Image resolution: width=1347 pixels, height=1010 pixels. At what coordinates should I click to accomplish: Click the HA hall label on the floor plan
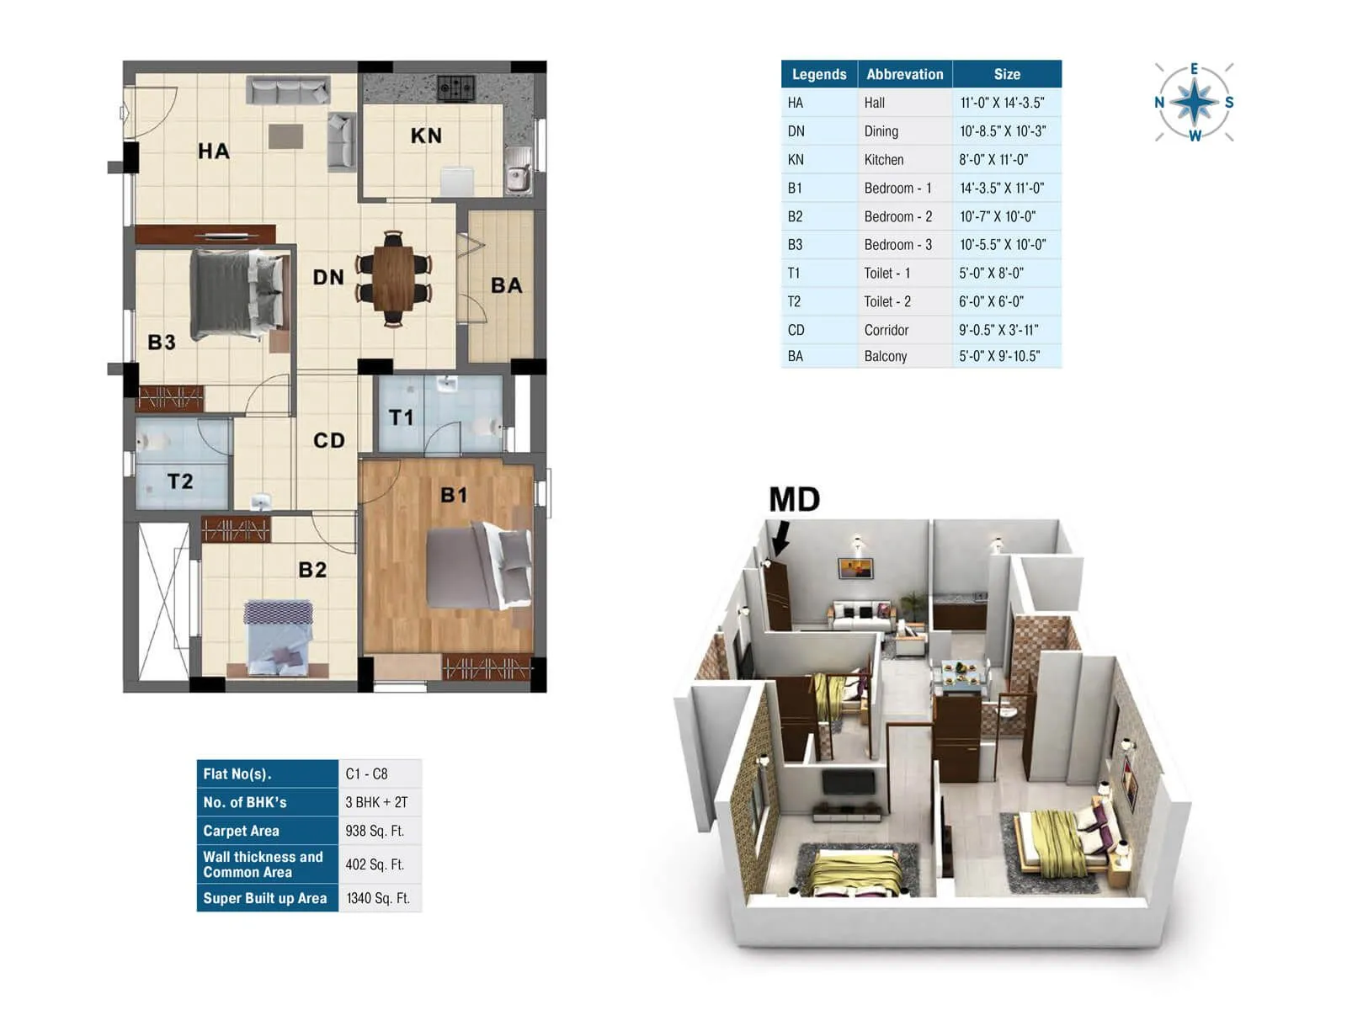pyautogui.click(x=214, y=151)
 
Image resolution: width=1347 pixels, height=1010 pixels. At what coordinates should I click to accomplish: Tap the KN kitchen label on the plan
pyautogui.click(x=426, y=136)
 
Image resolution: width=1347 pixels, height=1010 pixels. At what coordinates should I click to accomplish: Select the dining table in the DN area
pyautogui.click(x=393, y=278)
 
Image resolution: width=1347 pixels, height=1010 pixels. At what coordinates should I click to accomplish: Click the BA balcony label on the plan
pyautogui.click(x=507, y=286)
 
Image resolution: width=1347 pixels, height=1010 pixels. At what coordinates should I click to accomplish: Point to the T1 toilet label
pyautogui.click(x=402, y=417)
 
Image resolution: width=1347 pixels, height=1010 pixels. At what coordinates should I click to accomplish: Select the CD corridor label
pyautogui.click(x=329, y=440)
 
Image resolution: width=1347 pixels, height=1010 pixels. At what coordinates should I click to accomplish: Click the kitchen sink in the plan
pyautogui.click(x=518, y=178)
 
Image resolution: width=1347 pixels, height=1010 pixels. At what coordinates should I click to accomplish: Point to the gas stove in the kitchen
pyautogui.click(x=455, y=87)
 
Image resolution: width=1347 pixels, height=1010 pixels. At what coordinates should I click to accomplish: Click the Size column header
pyautogui.click(x=1007, y=74)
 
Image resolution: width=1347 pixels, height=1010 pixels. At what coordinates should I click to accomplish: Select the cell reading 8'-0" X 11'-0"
pyautogui.click(x=993, y=160)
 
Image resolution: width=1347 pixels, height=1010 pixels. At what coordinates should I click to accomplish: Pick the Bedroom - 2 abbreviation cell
pyautogui.click(x=897, y=216)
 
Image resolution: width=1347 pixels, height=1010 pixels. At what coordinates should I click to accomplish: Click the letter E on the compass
pyautogui.click(x=1194, y=69)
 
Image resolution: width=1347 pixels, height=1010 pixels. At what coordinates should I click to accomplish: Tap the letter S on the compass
pyautogui.click(x=1229, y=103)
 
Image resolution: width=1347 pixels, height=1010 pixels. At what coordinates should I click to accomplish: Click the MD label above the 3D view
pyautogui.click(x=794, y=500)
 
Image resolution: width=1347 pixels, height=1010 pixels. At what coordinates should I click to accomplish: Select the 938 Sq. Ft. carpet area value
pyautogui.click(x=375, y=831)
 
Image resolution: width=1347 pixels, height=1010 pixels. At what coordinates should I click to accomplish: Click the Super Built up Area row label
pyautogui.click(x=265, y=898)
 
